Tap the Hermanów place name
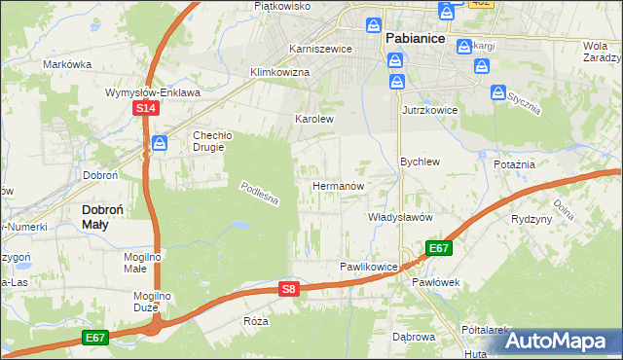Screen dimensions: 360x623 (338, 185)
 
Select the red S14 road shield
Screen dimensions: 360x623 (144, 109)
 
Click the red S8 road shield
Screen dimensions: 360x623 (287, 288)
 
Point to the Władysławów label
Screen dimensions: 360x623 (399, 218)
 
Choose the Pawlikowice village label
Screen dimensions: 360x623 (369, 267)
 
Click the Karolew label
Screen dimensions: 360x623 (314, 120)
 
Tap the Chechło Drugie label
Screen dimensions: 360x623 (209, 141)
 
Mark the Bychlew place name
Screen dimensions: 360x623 (421, 162)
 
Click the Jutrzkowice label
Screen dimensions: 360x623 (430, 111)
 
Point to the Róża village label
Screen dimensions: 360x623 (256, 320)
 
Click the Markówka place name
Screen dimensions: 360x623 (67, 64)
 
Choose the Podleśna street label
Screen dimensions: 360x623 (260, 193)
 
